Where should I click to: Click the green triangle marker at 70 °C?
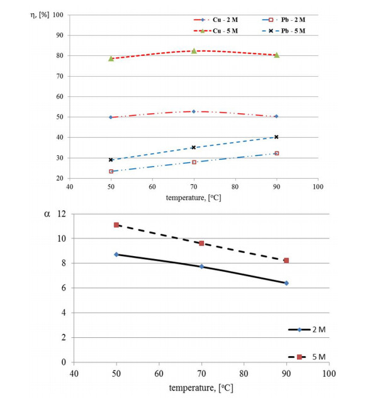pos(194,51)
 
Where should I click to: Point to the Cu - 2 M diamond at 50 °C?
pos(111,117)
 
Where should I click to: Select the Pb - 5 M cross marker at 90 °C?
pos(276,137)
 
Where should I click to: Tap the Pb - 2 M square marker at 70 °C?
pos(194,162)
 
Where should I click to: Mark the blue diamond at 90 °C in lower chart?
pos(286,283)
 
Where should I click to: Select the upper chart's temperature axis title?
pos(193,197)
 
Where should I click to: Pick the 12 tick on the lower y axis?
pos(61,214)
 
